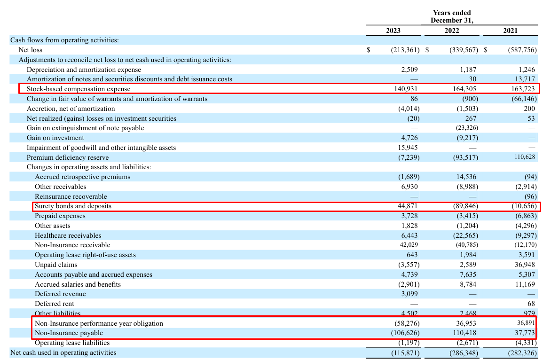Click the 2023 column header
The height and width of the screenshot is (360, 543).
pos(393,31)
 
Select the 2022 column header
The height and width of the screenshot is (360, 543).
pos(451,31)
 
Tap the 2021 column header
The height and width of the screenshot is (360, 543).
pos(510,31)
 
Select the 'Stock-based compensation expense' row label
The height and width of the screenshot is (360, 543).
pos(79,89)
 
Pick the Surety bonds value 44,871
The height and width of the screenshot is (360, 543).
pos(407,206)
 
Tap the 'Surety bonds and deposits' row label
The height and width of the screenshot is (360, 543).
pos(73,206)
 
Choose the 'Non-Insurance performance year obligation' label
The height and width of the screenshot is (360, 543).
pos(99,323)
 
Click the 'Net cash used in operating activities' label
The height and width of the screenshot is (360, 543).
pos(63,352)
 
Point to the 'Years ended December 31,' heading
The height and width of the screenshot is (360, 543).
pos(452,16)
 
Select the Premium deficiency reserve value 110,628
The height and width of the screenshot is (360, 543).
pos(522,157)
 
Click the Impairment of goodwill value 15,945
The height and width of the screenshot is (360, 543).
pos(407,148)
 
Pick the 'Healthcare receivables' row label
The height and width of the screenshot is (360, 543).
pos(68,235)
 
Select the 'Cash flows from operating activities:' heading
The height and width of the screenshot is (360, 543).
pos(64,40)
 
